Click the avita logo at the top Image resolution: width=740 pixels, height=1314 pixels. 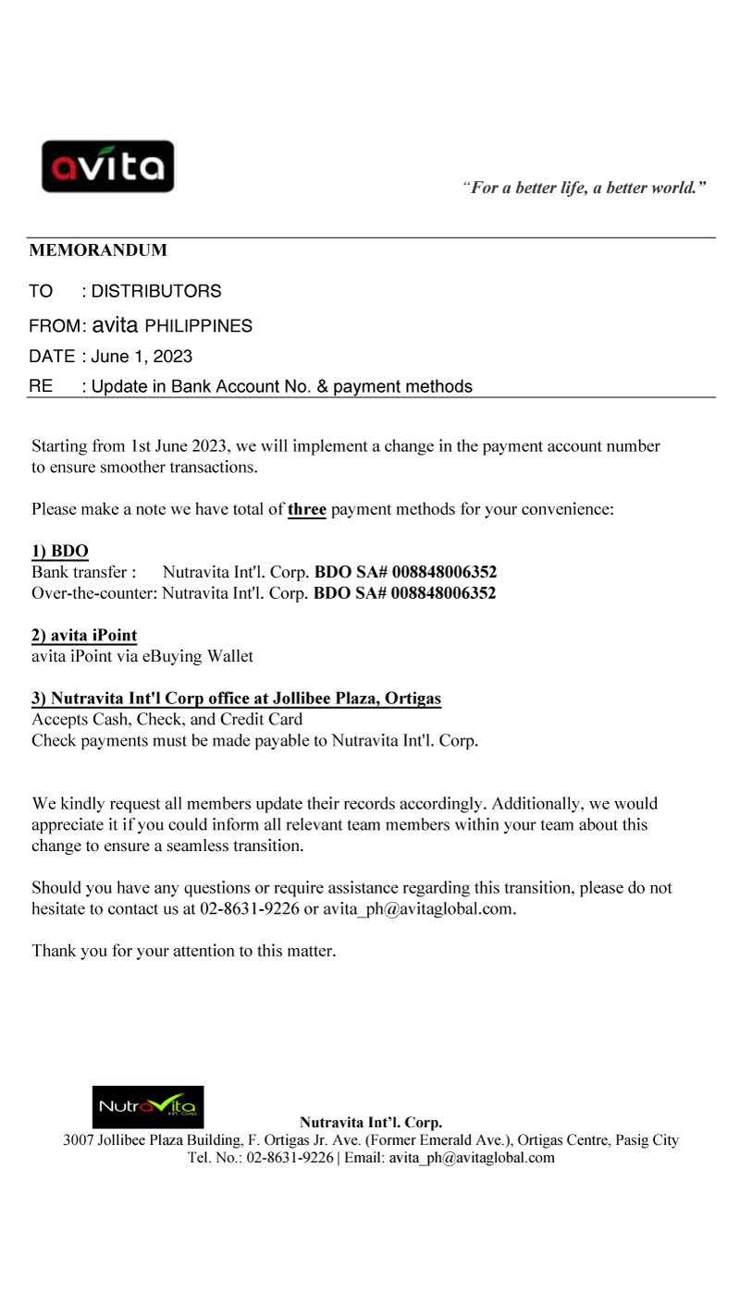coord(107,166)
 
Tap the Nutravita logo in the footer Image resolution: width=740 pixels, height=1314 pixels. coord(148,1106)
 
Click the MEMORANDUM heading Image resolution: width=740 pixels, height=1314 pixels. coord(98,250)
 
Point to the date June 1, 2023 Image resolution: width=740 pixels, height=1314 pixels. coord(142,357)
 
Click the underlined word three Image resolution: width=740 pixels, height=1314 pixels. coord(307,509)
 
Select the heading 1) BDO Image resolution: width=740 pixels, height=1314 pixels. coord(60,552)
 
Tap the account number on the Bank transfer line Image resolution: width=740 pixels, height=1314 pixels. coord(444,573)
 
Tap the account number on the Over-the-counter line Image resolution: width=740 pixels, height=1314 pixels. coord(444,593)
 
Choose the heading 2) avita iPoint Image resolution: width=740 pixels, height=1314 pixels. coord(84,636)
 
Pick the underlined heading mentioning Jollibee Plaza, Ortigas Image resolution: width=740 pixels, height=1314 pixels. coord(237,700)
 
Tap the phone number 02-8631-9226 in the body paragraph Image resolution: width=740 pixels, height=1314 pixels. coord(249,909)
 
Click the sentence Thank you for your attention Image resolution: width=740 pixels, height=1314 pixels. coord(183,951)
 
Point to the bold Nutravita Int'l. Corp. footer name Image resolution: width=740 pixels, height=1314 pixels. coord(371,1124)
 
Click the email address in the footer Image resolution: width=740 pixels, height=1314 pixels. coord(472,1158)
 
